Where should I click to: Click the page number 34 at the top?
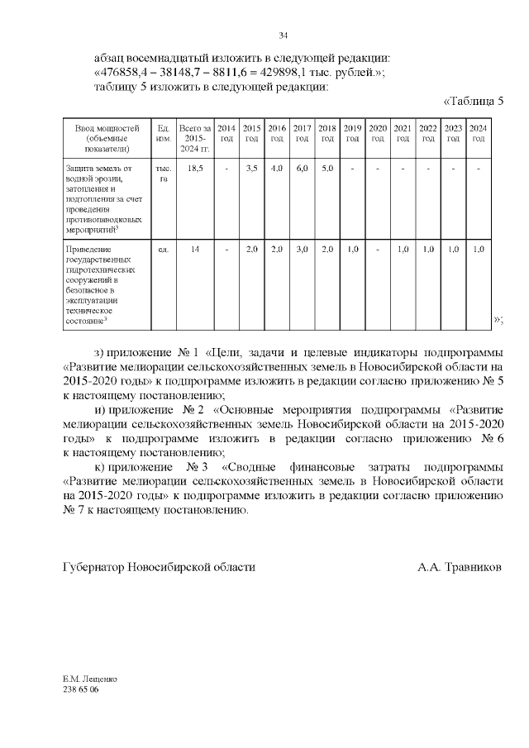point(283,35)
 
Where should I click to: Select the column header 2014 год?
point(226,133)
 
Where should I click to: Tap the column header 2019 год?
point(352,133)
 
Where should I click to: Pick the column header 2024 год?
point(478,133)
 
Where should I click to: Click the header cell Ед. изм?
point(163,133)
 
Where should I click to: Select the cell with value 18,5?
point(196,168)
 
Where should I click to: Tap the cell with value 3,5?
point(252,168)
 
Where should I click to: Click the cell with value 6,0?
point(302,168)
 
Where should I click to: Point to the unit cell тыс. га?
point(163,173)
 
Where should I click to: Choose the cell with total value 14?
point(196,249)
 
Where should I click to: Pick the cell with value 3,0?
point(302,249)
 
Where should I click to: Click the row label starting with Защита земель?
point(103,199)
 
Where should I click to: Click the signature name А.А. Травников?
point(459,568)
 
